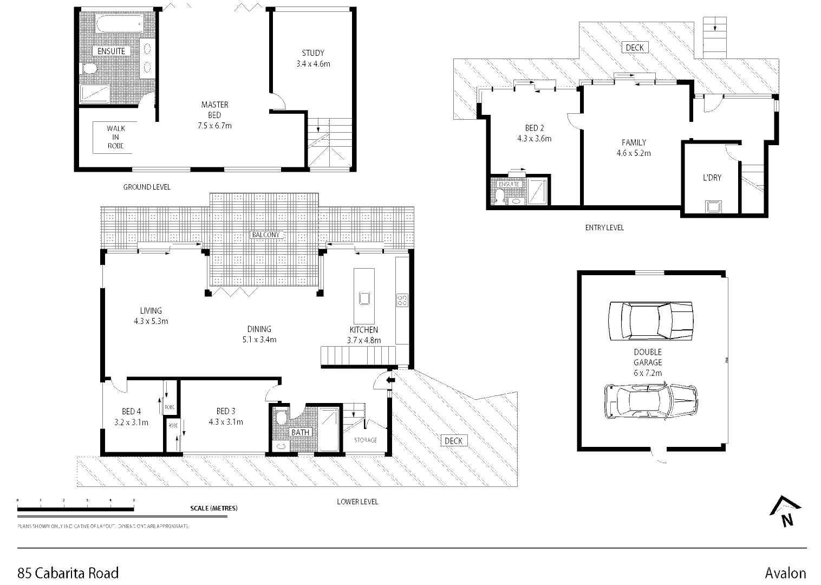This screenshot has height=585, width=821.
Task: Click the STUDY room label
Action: click(313, 53)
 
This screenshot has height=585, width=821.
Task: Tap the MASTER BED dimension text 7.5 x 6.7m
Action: click(214, 126)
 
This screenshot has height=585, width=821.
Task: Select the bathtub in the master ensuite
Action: click(119, 24)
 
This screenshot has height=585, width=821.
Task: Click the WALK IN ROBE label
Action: click(115, 137)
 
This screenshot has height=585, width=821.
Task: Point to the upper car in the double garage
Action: click(651, 321)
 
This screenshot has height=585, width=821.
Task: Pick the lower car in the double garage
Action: click(651, 401)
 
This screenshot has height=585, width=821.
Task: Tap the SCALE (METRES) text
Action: click(214, 508)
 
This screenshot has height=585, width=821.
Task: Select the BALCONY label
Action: click(265, 235)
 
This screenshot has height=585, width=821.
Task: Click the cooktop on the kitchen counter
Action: click(402, 300)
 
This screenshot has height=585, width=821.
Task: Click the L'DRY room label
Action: click(712, 178)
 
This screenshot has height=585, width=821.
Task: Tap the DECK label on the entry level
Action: click(634, 48)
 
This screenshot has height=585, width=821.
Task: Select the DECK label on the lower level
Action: click(453, 441)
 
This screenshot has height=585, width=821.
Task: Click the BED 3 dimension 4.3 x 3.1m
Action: click(226, 422)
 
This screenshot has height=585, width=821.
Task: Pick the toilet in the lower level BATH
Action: click(281, 418)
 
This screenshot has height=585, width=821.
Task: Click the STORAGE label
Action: click(366, 440)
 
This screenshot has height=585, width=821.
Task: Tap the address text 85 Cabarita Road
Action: click(68, 573)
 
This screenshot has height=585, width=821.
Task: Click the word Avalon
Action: click(785, 573)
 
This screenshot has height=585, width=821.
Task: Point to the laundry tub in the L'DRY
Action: click(713, 206)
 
